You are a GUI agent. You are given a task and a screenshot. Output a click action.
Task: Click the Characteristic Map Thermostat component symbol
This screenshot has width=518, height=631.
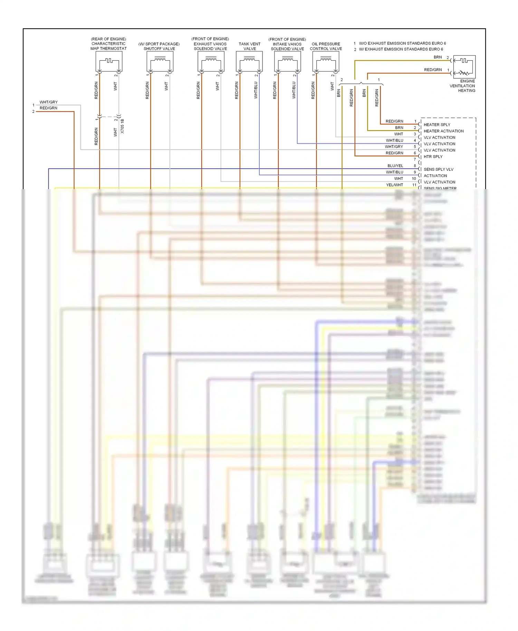point(109,62)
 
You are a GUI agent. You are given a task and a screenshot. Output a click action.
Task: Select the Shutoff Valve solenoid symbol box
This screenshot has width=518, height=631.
point(160,62)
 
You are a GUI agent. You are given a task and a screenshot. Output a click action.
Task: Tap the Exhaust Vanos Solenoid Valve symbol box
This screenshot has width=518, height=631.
point(211,62)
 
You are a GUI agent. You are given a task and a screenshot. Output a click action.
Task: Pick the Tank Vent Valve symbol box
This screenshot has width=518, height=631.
point(249,62)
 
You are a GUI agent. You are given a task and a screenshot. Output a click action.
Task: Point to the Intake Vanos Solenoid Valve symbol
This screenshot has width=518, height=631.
point(287,62)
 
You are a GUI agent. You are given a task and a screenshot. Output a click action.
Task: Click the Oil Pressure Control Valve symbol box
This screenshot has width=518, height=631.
point(326,62)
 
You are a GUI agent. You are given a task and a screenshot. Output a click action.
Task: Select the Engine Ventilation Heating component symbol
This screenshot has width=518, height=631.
point(464,67)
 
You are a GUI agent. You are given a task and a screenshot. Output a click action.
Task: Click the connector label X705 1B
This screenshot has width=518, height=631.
point(122,126)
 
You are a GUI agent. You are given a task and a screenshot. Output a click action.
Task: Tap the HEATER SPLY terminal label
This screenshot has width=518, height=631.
point(437,125)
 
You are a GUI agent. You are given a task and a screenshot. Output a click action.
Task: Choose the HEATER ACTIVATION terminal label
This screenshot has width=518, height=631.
point(443,131)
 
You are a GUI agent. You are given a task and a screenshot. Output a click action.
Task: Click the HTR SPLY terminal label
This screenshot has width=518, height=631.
point(433,157)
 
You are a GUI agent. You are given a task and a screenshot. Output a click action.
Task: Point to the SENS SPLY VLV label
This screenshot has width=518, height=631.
point(438,169)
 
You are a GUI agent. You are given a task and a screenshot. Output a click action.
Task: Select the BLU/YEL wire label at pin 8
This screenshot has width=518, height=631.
point(395,166)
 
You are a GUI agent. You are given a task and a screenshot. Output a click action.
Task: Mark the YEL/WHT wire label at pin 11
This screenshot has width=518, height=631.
point(394,185)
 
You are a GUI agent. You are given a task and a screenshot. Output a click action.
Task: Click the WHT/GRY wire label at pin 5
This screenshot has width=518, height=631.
point(394,147)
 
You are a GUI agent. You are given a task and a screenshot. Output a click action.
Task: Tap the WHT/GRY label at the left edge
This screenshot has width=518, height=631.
point(49,102)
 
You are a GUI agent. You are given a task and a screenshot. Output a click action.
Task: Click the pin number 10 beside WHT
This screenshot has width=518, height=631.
point(414,178)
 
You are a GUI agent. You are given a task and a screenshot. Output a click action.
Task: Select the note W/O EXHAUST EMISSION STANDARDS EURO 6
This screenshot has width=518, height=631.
point(402,43)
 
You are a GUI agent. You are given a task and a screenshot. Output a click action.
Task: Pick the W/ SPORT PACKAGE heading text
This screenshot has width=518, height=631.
point(159,44)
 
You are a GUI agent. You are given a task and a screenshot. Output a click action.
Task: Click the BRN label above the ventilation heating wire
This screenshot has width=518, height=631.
point(438,57)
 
